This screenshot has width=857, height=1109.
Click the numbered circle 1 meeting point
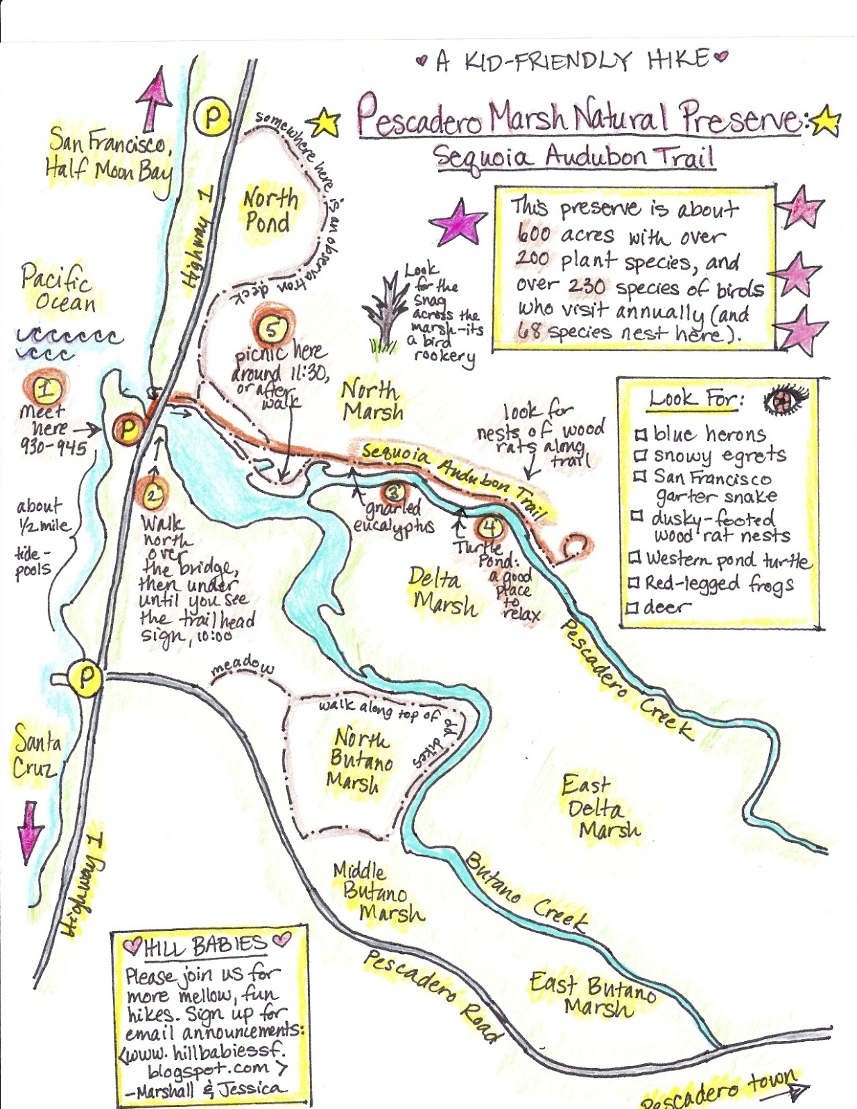click(x=46, y=389)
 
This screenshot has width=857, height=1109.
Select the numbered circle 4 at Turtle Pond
click(x=490, y=528)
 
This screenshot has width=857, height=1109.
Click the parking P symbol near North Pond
click(x=211, y=118)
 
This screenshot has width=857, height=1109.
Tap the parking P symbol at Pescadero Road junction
click(x=85, y=676)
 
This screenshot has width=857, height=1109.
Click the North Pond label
click(x=269, y=210)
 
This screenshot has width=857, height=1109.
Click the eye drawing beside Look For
click(x=786, y=400)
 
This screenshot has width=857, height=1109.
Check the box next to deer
click(x=632, y=609)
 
